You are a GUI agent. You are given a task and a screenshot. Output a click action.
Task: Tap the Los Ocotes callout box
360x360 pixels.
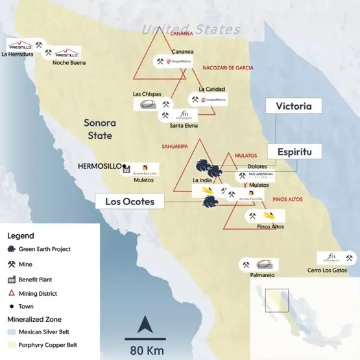point(130,201)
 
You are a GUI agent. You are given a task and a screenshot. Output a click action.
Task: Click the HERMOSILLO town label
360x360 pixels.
point(99,166)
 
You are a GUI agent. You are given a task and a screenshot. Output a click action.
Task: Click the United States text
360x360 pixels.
point(191,29)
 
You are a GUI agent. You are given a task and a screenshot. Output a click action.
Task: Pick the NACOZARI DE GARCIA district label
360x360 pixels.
point(228,67)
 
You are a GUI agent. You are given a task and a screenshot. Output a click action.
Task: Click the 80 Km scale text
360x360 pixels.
point(145,350)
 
